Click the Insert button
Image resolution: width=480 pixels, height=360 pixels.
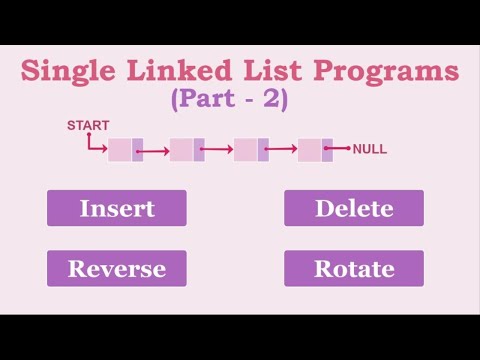[x=116, y=208]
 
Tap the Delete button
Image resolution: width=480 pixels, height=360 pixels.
[x=353, y=208]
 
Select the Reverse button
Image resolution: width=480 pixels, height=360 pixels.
[x=116, y=268]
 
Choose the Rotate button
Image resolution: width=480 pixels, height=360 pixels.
[x=353, y=268]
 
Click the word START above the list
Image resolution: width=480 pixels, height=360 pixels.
[x=88, y=125]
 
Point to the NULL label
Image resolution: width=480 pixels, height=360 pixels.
[x=369, y=150]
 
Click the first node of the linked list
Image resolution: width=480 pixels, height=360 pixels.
[x=125, y=150]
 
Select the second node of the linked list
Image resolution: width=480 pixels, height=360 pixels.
[x=187, y=150]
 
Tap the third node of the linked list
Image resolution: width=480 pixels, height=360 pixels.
[x=251, y=150]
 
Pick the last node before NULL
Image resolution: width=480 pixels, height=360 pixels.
[x=315, y=150]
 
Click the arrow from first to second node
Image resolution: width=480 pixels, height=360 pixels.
[x=153, y=152]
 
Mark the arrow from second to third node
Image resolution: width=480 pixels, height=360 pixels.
[x=217, y=152]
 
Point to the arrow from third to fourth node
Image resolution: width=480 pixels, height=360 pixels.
[x=281, y=152]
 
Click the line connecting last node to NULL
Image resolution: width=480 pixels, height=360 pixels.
[x=340, y=150]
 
